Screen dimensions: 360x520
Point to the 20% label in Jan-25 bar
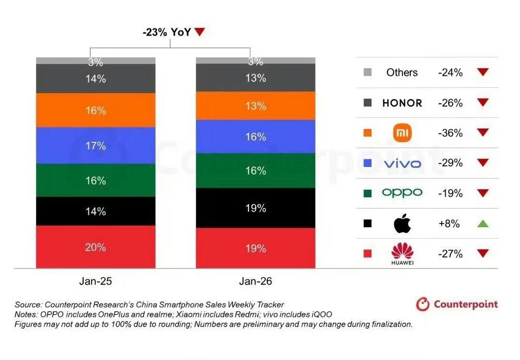click(x=96, y=247)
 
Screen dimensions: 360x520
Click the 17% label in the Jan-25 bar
click(x=96, y=146)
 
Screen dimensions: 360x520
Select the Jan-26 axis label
click(x=256, y=281)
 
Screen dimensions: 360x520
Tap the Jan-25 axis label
click(x=96, y=281)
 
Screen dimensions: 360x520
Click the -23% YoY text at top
click(x=167, y=32)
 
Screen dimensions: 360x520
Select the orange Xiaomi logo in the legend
click(x=402, y=133)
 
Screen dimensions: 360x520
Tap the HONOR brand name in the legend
click(x=402, y=103)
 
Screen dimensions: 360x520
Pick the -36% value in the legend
click(x=450, y=133)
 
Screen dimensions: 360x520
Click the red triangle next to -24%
click(x=483, y=73)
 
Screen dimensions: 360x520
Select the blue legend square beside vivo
click(x=367, y=164)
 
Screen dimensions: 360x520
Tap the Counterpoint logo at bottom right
click(x=457, y=304)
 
